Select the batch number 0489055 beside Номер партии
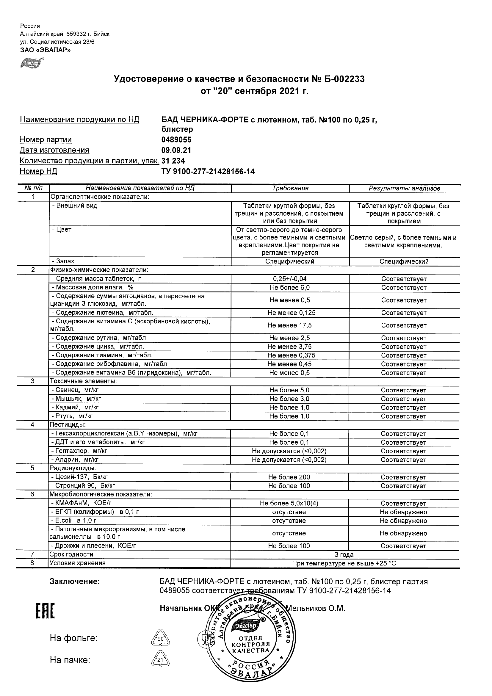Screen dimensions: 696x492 point(176,140)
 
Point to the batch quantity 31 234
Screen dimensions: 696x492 point(173,161)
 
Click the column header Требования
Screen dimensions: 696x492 point(290,188)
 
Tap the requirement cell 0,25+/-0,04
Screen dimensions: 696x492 point(289,279)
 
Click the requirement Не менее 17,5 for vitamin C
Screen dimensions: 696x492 point(289,325)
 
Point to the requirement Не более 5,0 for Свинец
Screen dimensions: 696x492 point(289,390)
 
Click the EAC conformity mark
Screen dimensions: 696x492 point(45,611)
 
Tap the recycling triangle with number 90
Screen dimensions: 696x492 point(160,639)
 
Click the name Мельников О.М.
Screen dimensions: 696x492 point(316,608)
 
